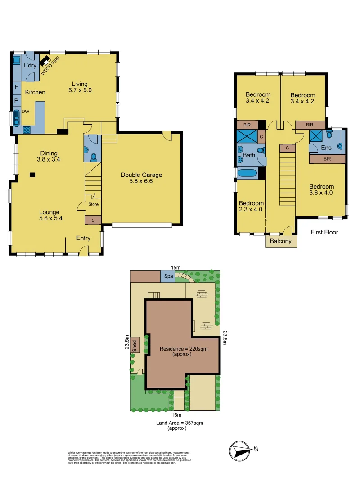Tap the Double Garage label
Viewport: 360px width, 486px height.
141,175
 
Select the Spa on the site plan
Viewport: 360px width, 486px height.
168,275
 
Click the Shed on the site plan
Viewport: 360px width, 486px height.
135,345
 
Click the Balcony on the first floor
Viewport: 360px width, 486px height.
281,241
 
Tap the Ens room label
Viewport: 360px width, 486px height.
326,148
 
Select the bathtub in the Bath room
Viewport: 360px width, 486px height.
247,173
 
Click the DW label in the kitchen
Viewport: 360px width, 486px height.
26,111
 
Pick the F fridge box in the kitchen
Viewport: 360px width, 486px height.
16,87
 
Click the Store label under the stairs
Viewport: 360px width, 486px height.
94,204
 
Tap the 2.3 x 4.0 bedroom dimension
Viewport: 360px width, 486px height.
251,209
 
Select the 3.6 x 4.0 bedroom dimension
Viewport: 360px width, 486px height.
321,193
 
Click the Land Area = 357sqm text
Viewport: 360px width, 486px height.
176,423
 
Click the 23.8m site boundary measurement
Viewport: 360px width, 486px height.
225,337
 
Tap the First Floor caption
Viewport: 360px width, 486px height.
324,232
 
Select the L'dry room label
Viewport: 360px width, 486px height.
30,66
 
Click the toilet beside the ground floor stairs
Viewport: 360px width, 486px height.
94,157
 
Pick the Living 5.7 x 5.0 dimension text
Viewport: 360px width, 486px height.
78,90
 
